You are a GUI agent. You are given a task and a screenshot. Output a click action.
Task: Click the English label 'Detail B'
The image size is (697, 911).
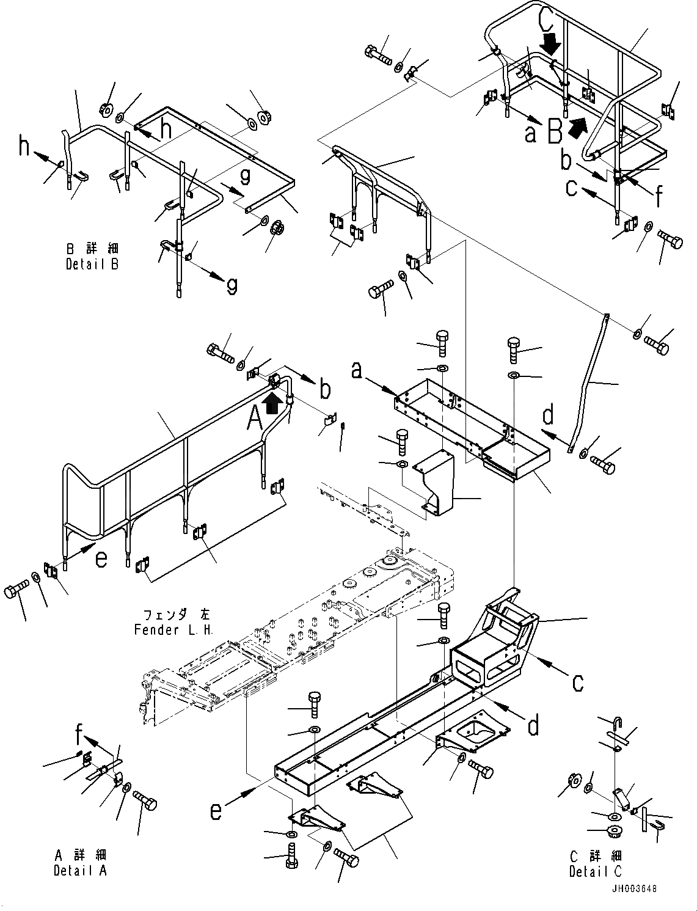click(92, 264)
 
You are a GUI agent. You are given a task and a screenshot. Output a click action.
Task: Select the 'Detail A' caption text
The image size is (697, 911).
click(79, 870)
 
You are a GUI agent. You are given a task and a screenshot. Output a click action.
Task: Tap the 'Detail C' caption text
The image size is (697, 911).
click(595, 872)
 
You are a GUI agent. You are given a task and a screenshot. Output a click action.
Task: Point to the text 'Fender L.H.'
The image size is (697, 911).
click(173, 630)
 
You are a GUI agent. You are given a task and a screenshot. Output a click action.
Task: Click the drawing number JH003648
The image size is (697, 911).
click(633, 888)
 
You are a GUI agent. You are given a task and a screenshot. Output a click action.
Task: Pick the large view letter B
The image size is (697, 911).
click(555, 131)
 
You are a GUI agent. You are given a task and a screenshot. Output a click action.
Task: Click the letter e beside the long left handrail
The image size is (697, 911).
click(101, 558)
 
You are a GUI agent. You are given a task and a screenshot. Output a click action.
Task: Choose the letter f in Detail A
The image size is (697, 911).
click(79, 731)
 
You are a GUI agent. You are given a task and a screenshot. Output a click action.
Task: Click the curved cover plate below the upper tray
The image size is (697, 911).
click(438, 483)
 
